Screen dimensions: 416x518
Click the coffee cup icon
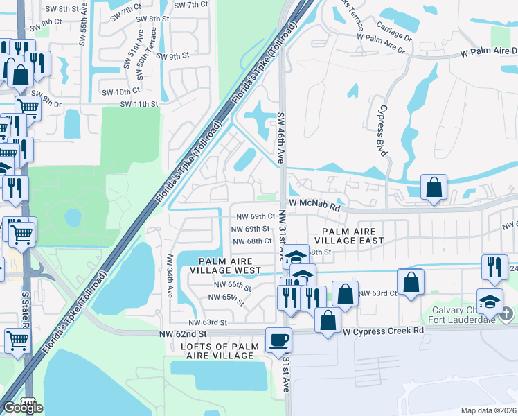coord(279,340)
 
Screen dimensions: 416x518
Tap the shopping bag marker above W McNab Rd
coord(434,187)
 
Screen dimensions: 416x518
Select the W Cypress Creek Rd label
coord(383,331)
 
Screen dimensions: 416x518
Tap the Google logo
coord(23,408)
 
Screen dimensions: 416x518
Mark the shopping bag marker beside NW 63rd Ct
coord(411,283)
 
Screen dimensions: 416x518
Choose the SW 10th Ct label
coord(120,92)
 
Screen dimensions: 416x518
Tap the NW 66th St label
coord(229,286)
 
